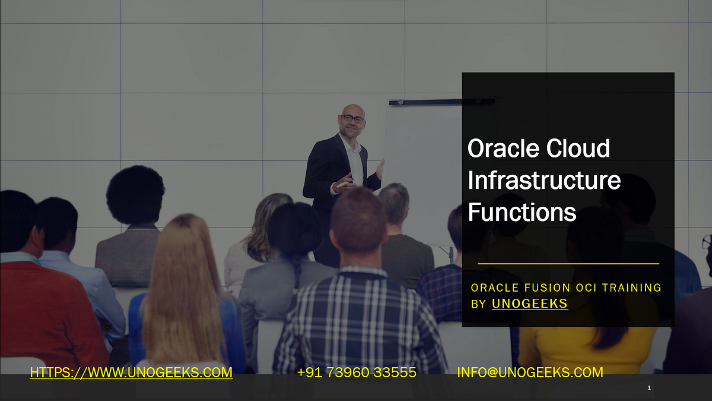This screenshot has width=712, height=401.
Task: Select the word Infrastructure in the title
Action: tap(544, 180)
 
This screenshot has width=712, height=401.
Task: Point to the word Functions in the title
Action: tap(522, 211)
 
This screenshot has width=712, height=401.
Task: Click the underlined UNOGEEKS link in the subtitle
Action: tap(530, 304)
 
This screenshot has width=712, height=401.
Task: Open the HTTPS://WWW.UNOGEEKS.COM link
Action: tap(131, 372)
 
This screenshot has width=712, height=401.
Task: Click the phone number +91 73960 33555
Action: tap(357, 372)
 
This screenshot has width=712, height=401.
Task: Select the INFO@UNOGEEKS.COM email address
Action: tap(530, 372)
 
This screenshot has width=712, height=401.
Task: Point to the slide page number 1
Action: tap(649, 388)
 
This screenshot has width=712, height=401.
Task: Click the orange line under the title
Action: tap(568, 263)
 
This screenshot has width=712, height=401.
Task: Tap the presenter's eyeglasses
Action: tap(352, 119)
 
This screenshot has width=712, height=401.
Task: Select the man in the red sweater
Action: tap(42, 297)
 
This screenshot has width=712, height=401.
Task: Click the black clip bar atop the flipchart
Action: tap(442, 102)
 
